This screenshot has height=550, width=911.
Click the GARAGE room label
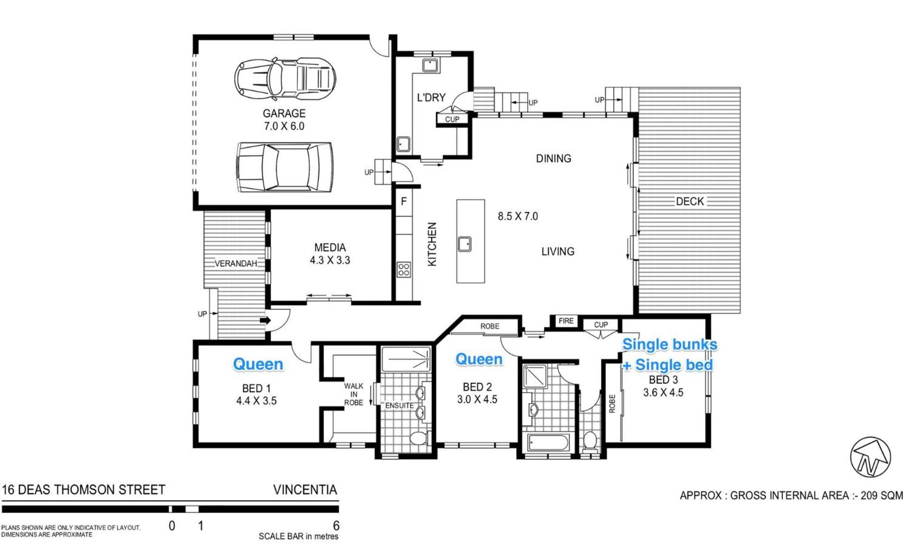click(x=284, y=113)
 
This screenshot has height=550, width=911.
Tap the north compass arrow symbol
click(x=870, y=457)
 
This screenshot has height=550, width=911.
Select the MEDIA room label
click(x=330, y=247)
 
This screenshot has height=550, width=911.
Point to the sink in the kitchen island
click(x=465, y=244)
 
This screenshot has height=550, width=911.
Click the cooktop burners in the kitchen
click(x=404, y=270)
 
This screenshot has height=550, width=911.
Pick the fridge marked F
click(x=404, y=202)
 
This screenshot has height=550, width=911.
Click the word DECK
click(x=690, y=202)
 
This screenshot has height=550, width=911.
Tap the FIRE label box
click(x=566, y=321)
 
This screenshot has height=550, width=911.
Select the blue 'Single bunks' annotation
click(x=669, y=344)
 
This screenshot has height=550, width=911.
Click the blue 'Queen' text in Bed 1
click(x=258, y=364)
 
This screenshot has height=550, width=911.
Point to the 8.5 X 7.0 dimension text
click(x=518, y=216)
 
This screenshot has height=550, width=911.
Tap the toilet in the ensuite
click(x=418, y=438)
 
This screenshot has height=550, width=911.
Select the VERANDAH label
click(x=236, y=264)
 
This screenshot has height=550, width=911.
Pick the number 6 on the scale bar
click(x=336, y=525)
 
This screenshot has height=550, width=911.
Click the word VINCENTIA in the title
click(x=305, y=490)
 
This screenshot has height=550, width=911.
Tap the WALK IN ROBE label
click(x=353, y=394)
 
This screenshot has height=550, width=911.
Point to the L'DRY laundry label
click(x=431, y=98)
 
